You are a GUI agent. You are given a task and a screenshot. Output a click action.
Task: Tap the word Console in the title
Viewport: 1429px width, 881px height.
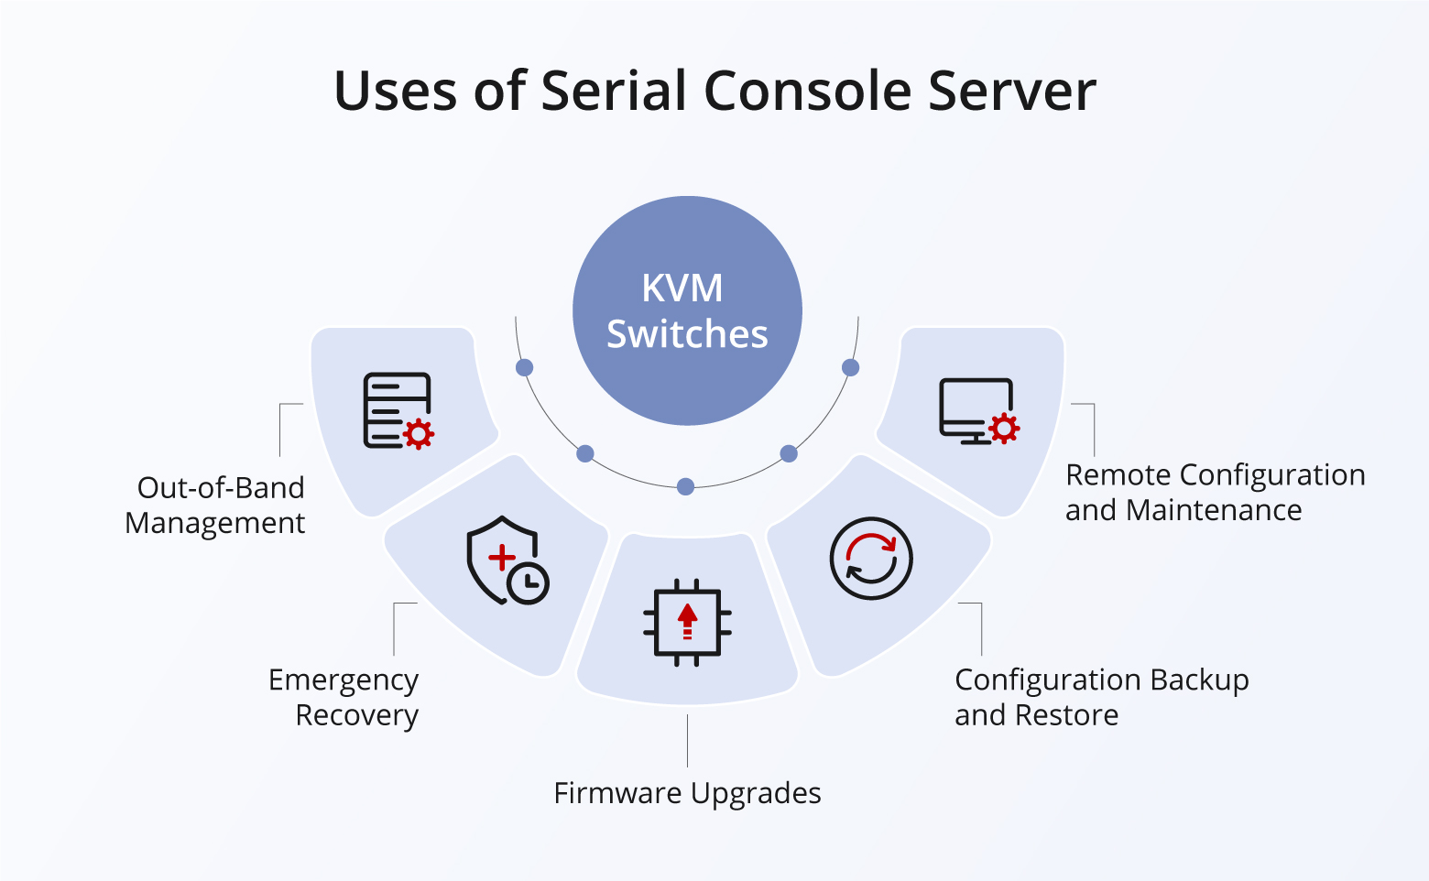click(807, 91)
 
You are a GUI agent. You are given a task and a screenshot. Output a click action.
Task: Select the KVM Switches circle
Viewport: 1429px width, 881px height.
click(687, 311)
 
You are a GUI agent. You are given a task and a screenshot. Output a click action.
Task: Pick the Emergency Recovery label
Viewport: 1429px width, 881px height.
click(344, 697)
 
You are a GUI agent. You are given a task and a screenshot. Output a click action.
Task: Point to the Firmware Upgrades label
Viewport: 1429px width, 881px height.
click(687, 793)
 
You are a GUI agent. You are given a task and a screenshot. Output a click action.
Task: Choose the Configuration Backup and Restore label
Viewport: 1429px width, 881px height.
click(1101, 697)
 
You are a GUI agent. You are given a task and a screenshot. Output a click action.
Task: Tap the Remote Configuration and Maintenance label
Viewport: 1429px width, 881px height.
click(1215, 492)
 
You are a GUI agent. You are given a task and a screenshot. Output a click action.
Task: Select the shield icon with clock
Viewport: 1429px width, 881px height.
click(507, 560)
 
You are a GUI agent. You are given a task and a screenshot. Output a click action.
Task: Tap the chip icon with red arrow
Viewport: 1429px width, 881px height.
click(687, 622)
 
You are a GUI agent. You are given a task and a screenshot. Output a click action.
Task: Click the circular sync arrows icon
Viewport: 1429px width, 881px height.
click(870, 559)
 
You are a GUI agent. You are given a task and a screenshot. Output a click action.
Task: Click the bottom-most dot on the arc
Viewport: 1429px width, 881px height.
click(685, 487)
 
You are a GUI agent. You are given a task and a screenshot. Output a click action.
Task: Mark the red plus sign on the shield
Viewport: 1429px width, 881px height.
click(501, 557)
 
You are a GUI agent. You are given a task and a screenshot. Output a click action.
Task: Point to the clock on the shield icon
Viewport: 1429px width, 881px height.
click(529, 582)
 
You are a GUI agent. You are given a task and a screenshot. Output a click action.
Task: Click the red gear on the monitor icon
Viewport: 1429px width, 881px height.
click(1004, 428)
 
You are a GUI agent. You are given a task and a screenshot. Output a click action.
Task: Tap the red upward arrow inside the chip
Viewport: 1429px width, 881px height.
click(687, 618)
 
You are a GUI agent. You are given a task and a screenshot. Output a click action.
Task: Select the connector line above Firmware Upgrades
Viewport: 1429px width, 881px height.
click(687, 741)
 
